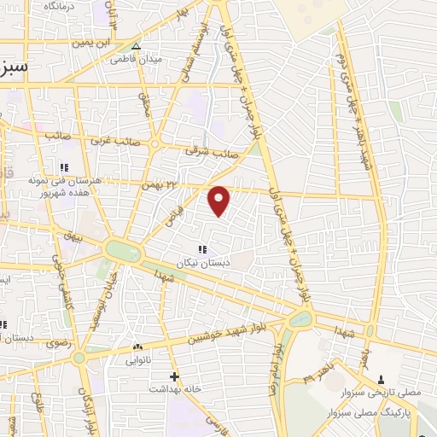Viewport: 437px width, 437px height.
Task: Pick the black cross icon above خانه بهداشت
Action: pyautogui.click(x=174, y=376)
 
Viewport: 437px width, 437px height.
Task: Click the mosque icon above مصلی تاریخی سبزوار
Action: pyautogui.click(x=381, y=378)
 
